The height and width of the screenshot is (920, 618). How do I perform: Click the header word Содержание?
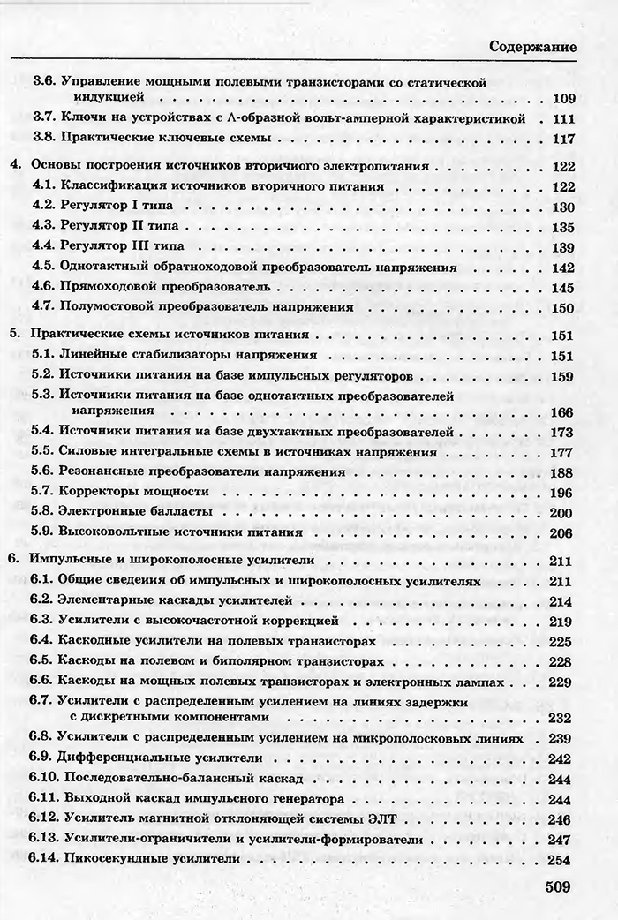pos(533,46)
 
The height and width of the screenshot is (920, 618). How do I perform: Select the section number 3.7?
pos(44,118)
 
